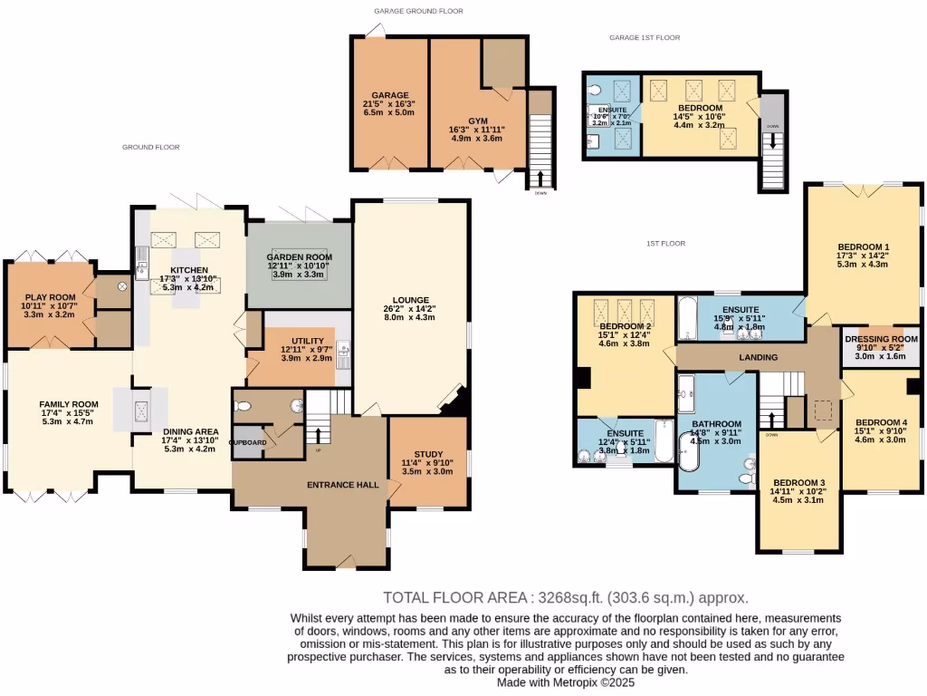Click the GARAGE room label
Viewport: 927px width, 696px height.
pos(389,95)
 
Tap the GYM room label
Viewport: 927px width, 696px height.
pos(477,121)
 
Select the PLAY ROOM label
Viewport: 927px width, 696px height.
pos(50,297)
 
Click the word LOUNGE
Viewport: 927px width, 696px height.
pos(410,300)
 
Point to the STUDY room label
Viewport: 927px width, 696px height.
pos(427,454)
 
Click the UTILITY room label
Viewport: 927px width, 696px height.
pos(295,340)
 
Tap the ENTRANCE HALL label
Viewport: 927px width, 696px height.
pos(343,485)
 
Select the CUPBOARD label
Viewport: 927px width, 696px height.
pos(248,442)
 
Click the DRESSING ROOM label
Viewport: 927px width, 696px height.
pos(880,339)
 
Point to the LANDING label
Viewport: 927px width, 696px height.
pos(758,358)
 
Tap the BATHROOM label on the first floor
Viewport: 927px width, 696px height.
pos(716,424)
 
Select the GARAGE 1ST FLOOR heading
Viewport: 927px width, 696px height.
pos(645,38)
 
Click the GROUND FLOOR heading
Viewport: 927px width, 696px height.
pos(151,147)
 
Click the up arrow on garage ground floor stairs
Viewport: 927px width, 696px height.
pos(541,177)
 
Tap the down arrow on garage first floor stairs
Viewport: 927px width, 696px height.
pos(772,141)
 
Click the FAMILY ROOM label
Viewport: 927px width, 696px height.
pos(68,404)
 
